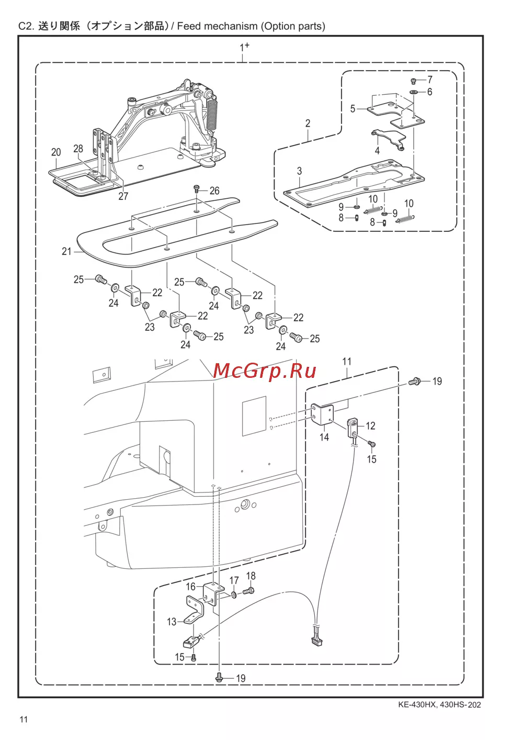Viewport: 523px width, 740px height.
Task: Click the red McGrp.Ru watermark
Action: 265,371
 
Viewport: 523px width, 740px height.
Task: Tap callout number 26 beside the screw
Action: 214,190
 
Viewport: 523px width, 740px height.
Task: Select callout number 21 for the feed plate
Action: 66,251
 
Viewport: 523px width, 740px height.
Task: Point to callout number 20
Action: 56,152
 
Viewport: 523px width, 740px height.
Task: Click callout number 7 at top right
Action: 430,80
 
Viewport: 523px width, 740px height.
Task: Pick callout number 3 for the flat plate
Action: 299,171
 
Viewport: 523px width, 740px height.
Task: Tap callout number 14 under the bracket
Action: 324,436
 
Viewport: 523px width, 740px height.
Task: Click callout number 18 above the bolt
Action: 251,576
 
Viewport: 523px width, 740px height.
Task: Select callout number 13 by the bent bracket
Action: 172,622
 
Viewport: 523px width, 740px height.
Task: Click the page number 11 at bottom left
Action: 24,719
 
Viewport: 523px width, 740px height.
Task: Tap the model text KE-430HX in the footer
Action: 417,704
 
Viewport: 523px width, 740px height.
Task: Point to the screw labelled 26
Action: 197,188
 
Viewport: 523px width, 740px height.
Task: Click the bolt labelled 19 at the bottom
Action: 220,678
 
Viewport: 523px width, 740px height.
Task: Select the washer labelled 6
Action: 414,92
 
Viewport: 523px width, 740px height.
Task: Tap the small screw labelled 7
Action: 414,81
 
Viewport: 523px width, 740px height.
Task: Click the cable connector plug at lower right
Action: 317,638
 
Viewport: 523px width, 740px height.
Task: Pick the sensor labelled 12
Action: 354,423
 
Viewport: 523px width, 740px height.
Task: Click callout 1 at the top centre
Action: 243,48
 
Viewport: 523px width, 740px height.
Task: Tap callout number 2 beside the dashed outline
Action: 308,124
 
